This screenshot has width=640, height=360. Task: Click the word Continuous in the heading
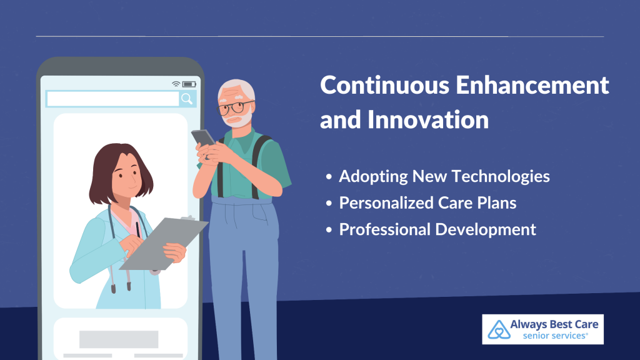pyautogui.click(x=385, y=85)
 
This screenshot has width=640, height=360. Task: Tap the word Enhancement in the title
pyautogui.click(x=532, y=85)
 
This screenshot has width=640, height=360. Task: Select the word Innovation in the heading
pyautogui.click(x=428, y=119)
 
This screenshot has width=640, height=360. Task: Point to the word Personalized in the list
pyautogui.click(x=386, y=203)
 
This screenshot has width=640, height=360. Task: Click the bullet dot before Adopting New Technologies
pyautogui.click(x=329, y=177)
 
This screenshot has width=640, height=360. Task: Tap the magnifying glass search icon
pyautogui.click(x=187, y=99)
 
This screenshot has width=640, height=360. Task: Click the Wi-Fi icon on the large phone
pyautogui.click(x=176, y=84)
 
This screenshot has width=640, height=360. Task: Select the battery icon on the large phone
pyautogui.click(x=189, y=84)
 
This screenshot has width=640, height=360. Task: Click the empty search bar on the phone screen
pyautogui.click(x=112, y=99)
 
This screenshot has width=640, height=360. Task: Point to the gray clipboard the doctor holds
pyautogui.click(x=164, y=244)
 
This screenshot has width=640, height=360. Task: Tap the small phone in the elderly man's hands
pyautogui.click(x=203, y=137)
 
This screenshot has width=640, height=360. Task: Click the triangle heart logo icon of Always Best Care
pyautogui.click(x=499, y=329)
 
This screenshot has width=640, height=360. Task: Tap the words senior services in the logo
pyautogui.click(x=555, y=336)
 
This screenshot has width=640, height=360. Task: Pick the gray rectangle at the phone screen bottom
pyautogui.click(x=119, y=339)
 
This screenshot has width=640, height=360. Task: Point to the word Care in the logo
pyautogui.click(x=586, y=324)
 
